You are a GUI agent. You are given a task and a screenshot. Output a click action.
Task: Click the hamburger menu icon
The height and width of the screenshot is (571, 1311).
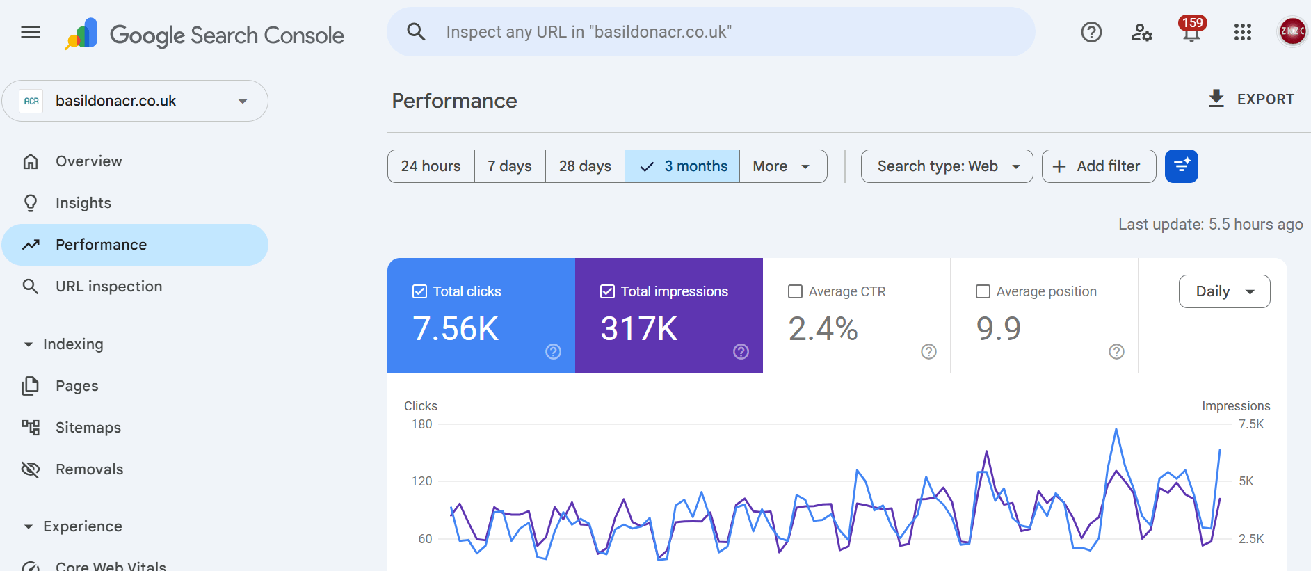pyautogui.click(x=31, y=32)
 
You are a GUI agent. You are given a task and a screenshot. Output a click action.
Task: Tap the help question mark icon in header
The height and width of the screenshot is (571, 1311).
pyautogui.click(x=1091, y=32)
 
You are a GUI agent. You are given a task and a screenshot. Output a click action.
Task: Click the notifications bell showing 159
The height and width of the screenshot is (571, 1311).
pyautogui.click(x=1191, y=32)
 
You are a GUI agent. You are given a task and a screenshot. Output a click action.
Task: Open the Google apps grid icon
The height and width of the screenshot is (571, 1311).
pyautogui.click(x=1242, y=32)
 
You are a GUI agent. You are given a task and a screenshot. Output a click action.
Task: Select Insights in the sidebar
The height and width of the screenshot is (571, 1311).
pyautogui.click(x=83, y=203)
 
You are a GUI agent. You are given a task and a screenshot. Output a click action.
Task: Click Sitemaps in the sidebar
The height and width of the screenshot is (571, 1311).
pyautogui.click(x=88, y=428)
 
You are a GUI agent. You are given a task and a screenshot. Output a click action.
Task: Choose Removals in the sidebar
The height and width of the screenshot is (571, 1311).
pyautogui.click(x=89, y=469)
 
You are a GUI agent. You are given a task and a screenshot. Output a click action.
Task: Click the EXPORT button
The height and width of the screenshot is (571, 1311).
pyautogui.click(x=1251, y=99)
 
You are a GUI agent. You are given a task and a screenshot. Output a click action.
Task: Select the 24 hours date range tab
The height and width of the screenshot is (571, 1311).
pyautogui.click(x=431, y=166)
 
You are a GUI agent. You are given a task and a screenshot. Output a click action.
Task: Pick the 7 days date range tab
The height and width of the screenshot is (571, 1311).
pyautogui.click(x=509, y=166)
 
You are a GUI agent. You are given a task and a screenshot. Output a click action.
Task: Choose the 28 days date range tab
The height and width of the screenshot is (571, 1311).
pyautogui.click(x=585, y=166)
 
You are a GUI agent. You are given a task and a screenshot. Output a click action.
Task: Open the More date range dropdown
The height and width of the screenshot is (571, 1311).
pyautogui.click(x=782, y=166)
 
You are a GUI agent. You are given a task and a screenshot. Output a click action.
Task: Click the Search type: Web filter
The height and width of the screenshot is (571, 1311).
pyautogui.click(x=947, y=166)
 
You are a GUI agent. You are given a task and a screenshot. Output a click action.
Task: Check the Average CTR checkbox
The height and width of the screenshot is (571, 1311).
pyautogui.click(x=795, y=291)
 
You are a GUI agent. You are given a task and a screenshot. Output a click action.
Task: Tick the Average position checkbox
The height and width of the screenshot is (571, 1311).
pyautogui.click(x=983, y=291)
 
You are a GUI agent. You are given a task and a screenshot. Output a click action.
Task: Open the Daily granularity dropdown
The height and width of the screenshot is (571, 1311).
pyautogui.click(x=1224, y=291)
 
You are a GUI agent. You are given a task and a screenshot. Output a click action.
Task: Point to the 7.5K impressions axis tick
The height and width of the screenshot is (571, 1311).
pyautogui.click(x=1250, y=424)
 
